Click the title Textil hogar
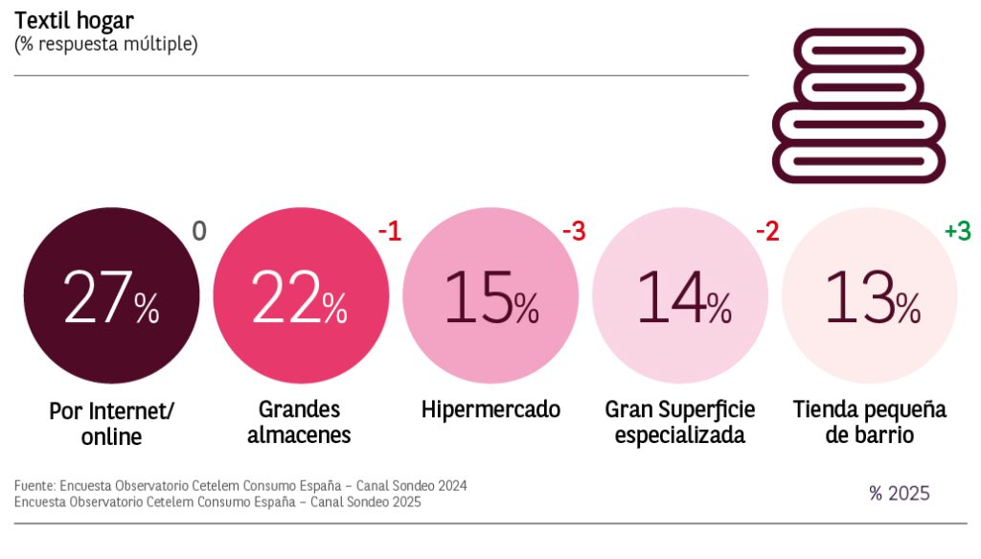[x=74, y=19]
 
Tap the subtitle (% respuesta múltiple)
[x=105, y=44]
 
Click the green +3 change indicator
[x=957, y=231]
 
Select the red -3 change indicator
[x=573, y=231]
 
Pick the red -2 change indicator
[x=766, y=231]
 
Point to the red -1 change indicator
[x=389, y=231]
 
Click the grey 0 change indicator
[x=199, y=231]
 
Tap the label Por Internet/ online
[x=111, y=424]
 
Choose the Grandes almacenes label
[x=299, y=422]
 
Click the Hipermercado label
[x=490, y=410]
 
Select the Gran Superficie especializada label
[x=680, y=422]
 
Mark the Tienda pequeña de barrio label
[x=870, y=422]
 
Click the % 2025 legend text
[x=899, y=494]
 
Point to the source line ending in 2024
[x=240, y=486]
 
